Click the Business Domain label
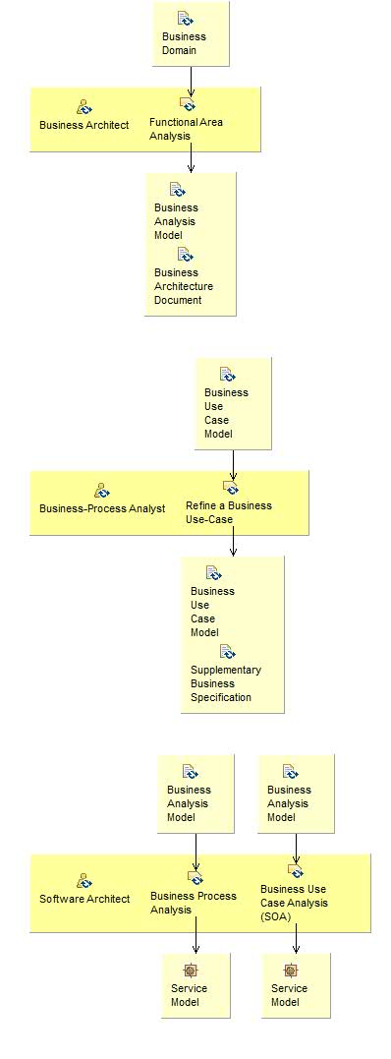point(184,43)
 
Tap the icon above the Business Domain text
point(185,18)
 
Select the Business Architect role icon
point(84,106)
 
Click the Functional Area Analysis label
point(186,129)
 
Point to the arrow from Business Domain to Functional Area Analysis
point(191,82)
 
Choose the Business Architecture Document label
point(184,286)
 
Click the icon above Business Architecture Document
point(185,255)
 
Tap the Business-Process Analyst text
point(102,508)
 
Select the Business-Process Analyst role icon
point(102,489)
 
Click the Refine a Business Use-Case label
point(229,512)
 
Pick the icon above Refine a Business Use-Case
point(231,488)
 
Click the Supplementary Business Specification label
point(226,683)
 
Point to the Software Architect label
point(84,899)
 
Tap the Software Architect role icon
point(84,880)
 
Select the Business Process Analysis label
point(194,903)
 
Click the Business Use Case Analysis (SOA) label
point(294,903)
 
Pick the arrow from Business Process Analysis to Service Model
point(196,935)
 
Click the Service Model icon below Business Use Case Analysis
point(291,971)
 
